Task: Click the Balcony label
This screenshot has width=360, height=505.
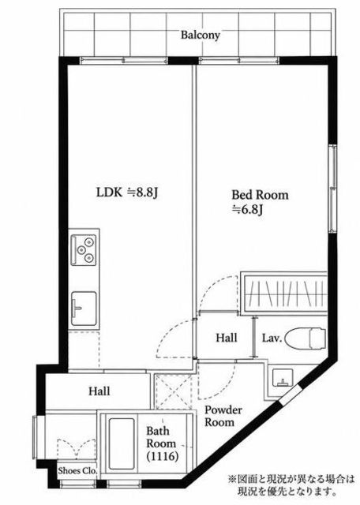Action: (x=201, y=35)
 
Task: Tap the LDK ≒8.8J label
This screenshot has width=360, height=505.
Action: (x=127, y=193)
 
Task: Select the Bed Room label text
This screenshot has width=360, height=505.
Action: (x=260, y=195)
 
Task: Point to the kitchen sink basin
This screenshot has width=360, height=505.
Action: (x=84, y=309)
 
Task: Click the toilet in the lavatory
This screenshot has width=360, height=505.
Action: (x=306, y=339)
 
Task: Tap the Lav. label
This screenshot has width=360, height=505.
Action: (x=272, y=339)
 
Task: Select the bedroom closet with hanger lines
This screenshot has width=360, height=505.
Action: (x=284, y=293)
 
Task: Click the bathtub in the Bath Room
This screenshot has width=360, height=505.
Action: (x=121, y=443)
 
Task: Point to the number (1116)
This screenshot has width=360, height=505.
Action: (x=162, y=456)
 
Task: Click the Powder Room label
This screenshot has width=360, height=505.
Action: (x=223, y=416)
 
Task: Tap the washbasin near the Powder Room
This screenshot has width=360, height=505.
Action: (x=283, y=377)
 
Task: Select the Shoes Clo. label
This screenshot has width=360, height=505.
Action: (x=77, y=471)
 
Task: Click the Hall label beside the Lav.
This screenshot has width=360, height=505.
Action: (x=227, y=338)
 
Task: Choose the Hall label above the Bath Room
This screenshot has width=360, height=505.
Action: (x=99, y=391)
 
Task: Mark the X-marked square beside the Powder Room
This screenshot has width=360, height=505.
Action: (x=174, y=391)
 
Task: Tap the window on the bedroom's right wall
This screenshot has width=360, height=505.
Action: (x=332, y=188)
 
